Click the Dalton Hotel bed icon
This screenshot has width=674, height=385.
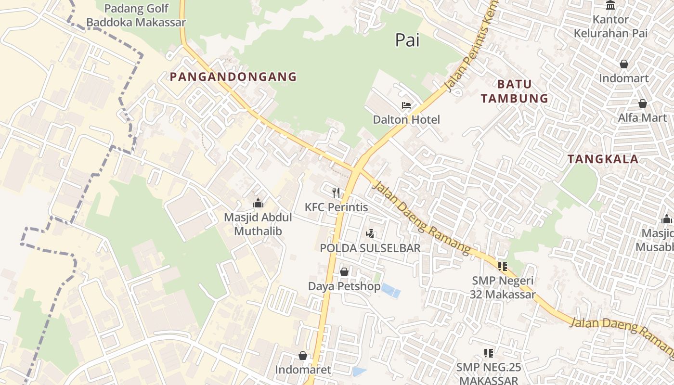coord(406,105)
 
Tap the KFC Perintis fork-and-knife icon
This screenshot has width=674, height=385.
coord(336,193)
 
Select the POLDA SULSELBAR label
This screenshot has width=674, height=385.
coord(370,248)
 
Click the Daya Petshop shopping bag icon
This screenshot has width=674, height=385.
coord(344,272)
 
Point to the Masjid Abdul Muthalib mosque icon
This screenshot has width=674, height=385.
coord(258,203)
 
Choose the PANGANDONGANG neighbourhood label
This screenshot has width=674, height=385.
coord(233,77)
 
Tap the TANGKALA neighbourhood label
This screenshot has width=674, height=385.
coord(603,159)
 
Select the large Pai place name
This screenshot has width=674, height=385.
coord(407,40)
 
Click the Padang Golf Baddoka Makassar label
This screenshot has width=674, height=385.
coord(136,15)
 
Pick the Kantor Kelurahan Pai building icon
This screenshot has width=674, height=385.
coord(611,5)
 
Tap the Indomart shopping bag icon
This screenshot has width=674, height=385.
coord(624,64)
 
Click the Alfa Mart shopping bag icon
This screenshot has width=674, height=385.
coord(642,103)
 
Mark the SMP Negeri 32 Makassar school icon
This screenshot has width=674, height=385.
coord(503,266)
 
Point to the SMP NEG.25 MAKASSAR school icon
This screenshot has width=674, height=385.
coord(489,353)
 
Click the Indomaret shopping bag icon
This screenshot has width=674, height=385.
coord(303,356)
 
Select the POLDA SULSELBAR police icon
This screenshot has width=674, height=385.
coord(370,234)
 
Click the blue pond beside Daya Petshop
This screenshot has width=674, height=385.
coord(390,290)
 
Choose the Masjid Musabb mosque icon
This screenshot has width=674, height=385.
coord(667,219)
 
